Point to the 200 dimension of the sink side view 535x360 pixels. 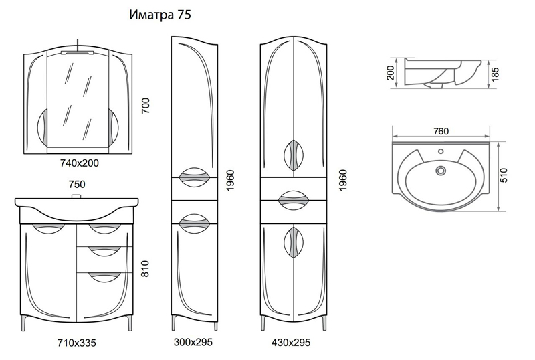[391, 72]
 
